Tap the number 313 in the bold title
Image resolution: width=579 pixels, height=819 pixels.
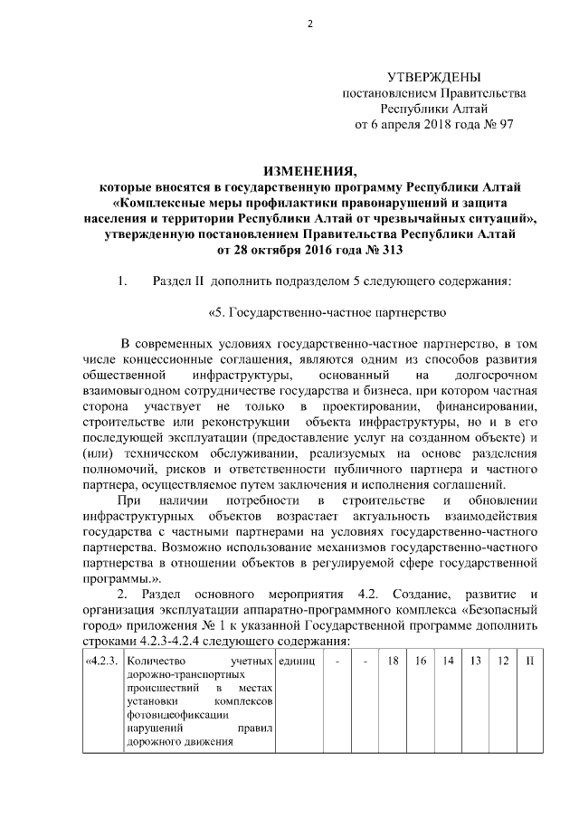(386, 251)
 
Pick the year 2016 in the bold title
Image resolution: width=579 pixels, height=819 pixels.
(324, 251)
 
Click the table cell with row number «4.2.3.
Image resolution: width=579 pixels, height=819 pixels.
(100, 662)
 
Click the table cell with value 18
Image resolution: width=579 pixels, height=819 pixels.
(392, 662)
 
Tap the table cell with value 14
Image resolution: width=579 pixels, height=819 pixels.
(448, 662)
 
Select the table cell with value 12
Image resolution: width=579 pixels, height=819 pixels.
(503, 662)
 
